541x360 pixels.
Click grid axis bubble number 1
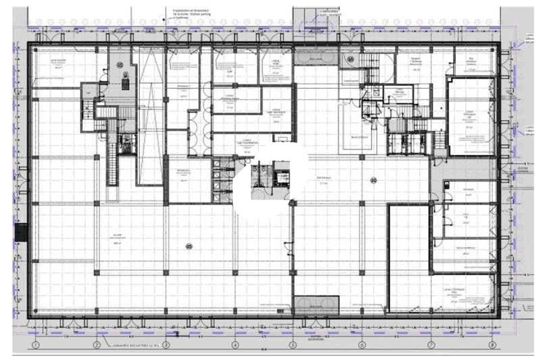coord(34,345)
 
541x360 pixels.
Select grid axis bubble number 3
coord(166,345)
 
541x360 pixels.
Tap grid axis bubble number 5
coord(293,345)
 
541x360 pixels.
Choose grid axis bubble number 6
coord(362,345)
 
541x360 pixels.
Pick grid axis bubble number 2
coord(97,345)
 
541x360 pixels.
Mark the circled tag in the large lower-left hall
coord(189,246)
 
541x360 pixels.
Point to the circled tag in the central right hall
coord(373,179)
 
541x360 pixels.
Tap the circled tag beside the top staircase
coord(350,59)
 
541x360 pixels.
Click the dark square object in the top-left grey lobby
coord(124,83)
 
